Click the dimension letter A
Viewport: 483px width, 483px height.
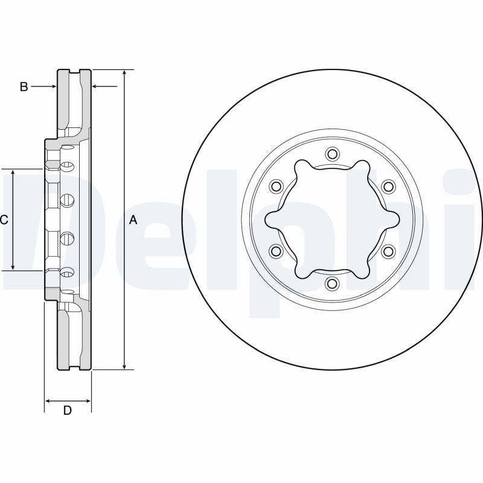[x=133, y=220]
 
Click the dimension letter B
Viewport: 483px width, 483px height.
[x=24, y=87]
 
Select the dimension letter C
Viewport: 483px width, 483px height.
[x=4, y=220]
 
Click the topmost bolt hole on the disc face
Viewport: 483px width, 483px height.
[x=332, y=153]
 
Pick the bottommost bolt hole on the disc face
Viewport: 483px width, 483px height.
[x=332, y=284]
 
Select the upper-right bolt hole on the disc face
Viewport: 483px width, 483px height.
[x=388, y=186]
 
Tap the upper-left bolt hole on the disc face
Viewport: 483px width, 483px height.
[x=276, y=186]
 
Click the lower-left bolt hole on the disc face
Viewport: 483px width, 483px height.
[x=276, y=251]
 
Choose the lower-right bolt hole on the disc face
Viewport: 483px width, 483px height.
[x=388, y=251]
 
